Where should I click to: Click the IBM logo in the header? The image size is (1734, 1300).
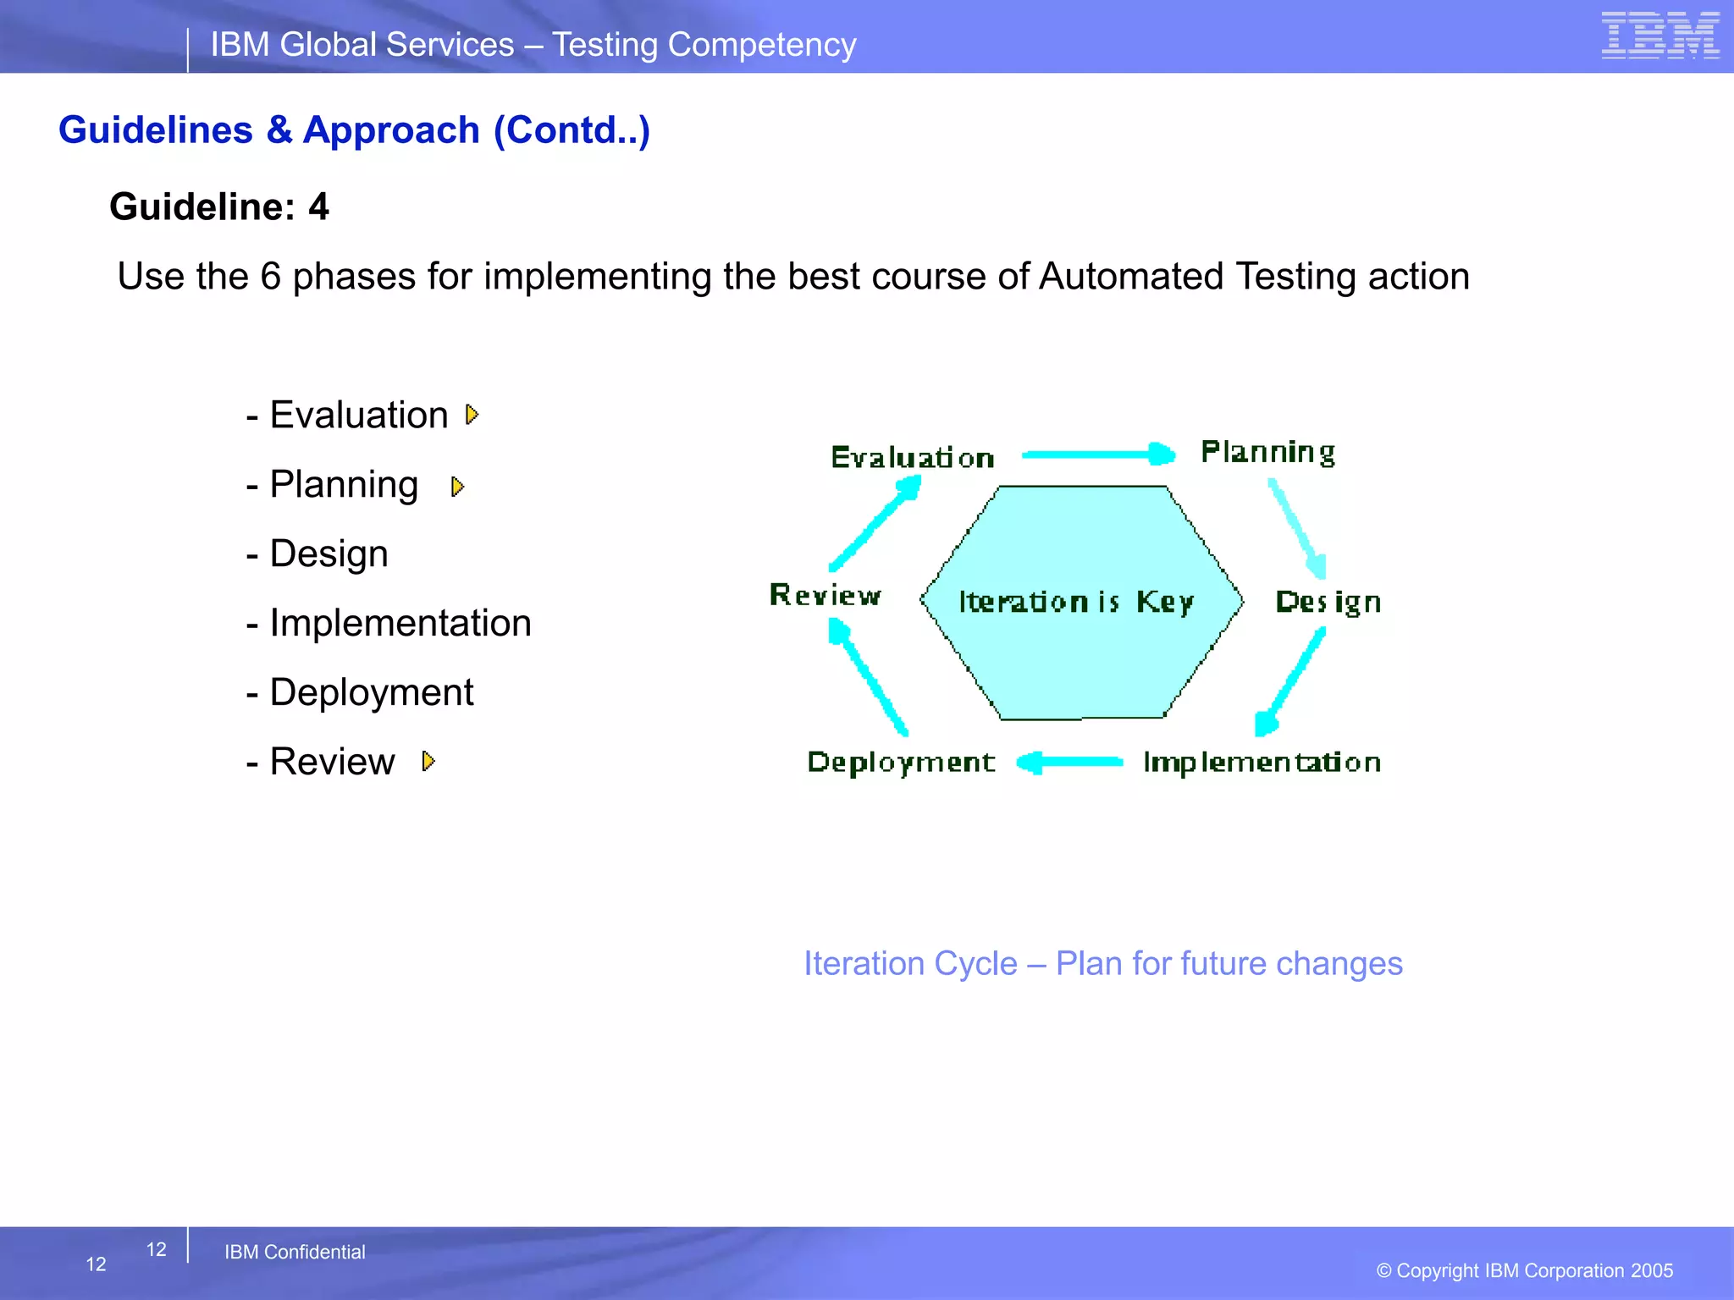point(1659,36)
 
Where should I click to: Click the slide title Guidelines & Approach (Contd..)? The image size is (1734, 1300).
point(354,130)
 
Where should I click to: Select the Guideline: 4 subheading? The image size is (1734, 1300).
point(219,207)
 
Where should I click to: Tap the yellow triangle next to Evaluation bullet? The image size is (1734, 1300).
point(472,415)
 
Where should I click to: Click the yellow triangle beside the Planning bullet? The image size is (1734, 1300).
point(458,487)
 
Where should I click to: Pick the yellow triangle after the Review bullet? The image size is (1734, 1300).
point(428,762)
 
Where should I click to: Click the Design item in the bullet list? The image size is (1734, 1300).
point(329,554)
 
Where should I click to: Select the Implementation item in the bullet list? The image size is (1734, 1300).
point(400,623)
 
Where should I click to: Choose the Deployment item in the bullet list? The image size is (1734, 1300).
point(371,692)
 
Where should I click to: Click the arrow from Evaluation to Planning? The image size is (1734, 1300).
point(1097,454)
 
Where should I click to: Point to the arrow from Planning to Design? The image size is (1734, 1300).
point(1296,528)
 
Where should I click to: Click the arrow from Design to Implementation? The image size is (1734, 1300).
point(1290,682)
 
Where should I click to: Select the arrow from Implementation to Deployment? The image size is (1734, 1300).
point(1070,763)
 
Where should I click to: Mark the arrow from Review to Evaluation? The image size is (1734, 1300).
point(875,523)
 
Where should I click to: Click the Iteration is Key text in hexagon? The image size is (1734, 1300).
point(1076,602)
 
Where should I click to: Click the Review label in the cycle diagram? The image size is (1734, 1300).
point(825,595)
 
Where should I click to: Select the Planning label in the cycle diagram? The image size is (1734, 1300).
point(1267,452)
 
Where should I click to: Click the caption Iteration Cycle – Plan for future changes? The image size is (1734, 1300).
point(1102,964)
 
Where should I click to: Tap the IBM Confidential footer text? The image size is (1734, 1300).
point(295,1252)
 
